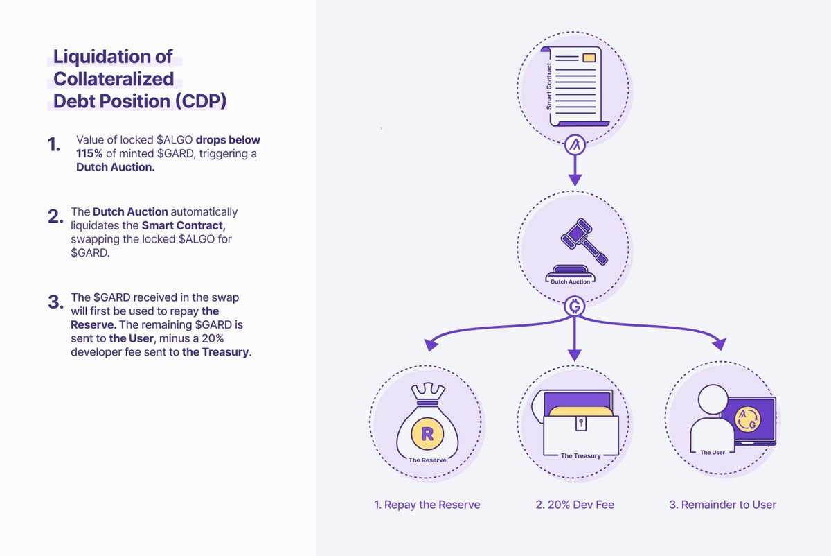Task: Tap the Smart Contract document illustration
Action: [574, 87]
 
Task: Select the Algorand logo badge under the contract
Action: [574, 146]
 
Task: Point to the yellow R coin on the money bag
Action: [427, 435]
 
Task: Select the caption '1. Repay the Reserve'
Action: [427, 505]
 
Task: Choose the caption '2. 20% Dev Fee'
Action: [575, 505]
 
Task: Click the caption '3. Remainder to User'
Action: [722, 505]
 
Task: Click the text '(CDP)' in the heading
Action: [201, 101]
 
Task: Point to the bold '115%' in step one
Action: [89, 154]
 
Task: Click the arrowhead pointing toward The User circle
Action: [720, 344]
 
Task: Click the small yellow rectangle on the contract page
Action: [589, 58]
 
